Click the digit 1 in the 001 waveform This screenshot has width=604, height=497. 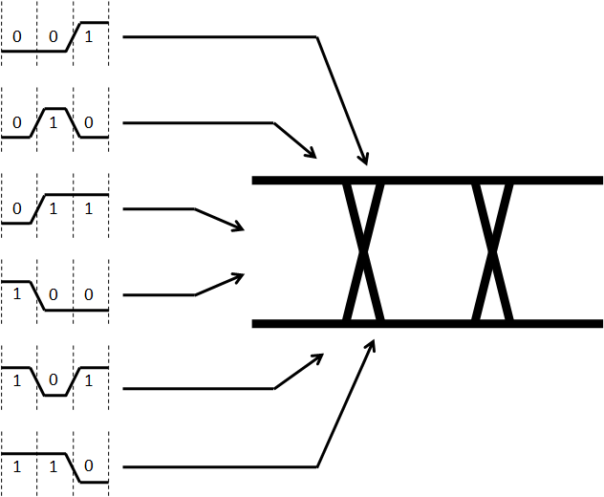pos(89,36)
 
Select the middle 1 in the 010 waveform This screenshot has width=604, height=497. pos(54,122)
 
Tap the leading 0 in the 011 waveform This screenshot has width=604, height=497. pos(17,208)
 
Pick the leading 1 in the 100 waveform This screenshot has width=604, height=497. pos(17,294)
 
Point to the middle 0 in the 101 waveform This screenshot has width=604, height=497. pos(54,379)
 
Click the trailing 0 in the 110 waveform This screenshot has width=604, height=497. pos(89,465)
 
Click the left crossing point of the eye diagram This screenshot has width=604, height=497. pos(363,252)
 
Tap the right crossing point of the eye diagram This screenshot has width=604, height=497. pos(492,252)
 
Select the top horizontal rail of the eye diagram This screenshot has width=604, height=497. pos(427,181)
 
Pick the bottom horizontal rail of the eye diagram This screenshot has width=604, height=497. pos(427,324)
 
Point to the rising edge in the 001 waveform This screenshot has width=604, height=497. pos(74,37)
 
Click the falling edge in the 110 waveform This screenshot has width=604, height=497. pos(74,467)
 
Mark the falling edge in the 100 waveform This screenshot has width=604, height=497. pos(38,296)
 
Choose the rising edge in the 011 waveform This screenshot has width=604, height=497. pos(38,208)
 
